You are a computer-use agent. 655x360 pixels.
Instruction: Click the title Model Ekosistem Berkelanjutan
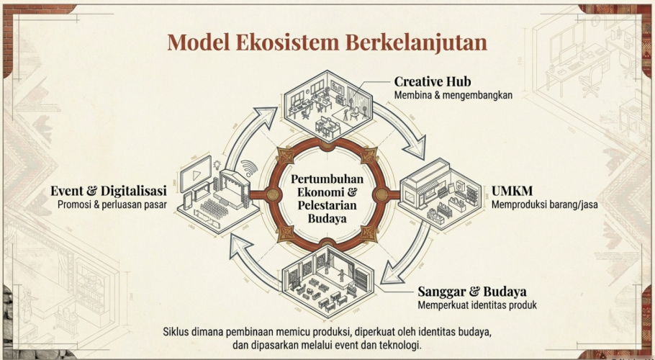point(327,41)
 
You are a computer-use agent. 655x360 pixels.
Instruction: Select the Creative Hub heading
point(432,81)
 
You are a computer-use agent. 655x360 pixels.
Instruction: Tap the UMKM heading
point(512,192)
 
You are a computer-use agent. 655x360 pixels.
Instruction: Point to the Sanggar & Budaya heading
point(472,292)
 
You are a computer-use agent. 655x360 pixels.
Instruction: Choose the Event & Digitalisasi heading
point(109,191)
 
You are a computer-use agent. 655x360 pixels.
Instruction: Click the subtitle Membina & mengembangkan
point(453,95)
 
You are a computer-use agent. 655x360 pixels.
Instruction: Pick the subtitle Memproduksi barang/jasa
point(545,205)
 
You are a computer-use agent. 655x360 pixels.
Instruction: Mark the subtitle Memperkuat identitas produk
point(477,305)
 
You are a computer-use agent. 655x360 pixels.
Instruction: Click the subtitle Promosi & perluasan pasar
point(112,204)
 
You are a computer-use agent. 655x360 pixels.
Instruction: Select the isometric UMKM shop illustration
point(439,195)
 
